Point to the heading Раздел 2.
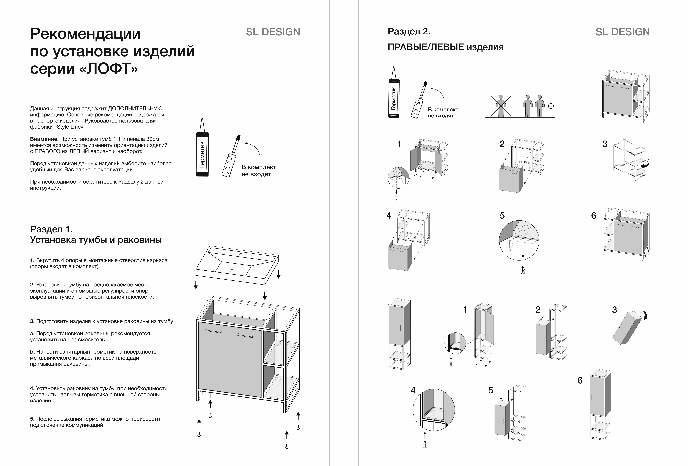point(409,31)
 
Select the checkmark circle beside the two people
point(551,106)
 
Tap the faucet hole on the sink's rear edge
point(241,254)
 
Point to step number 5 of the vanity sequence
point(502,216)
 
